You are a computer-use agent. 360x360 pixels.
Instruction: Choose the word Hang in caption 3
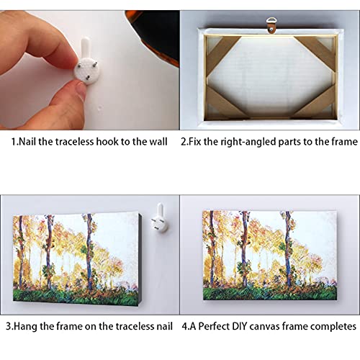pyautogui.click(x=27, y=326)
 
